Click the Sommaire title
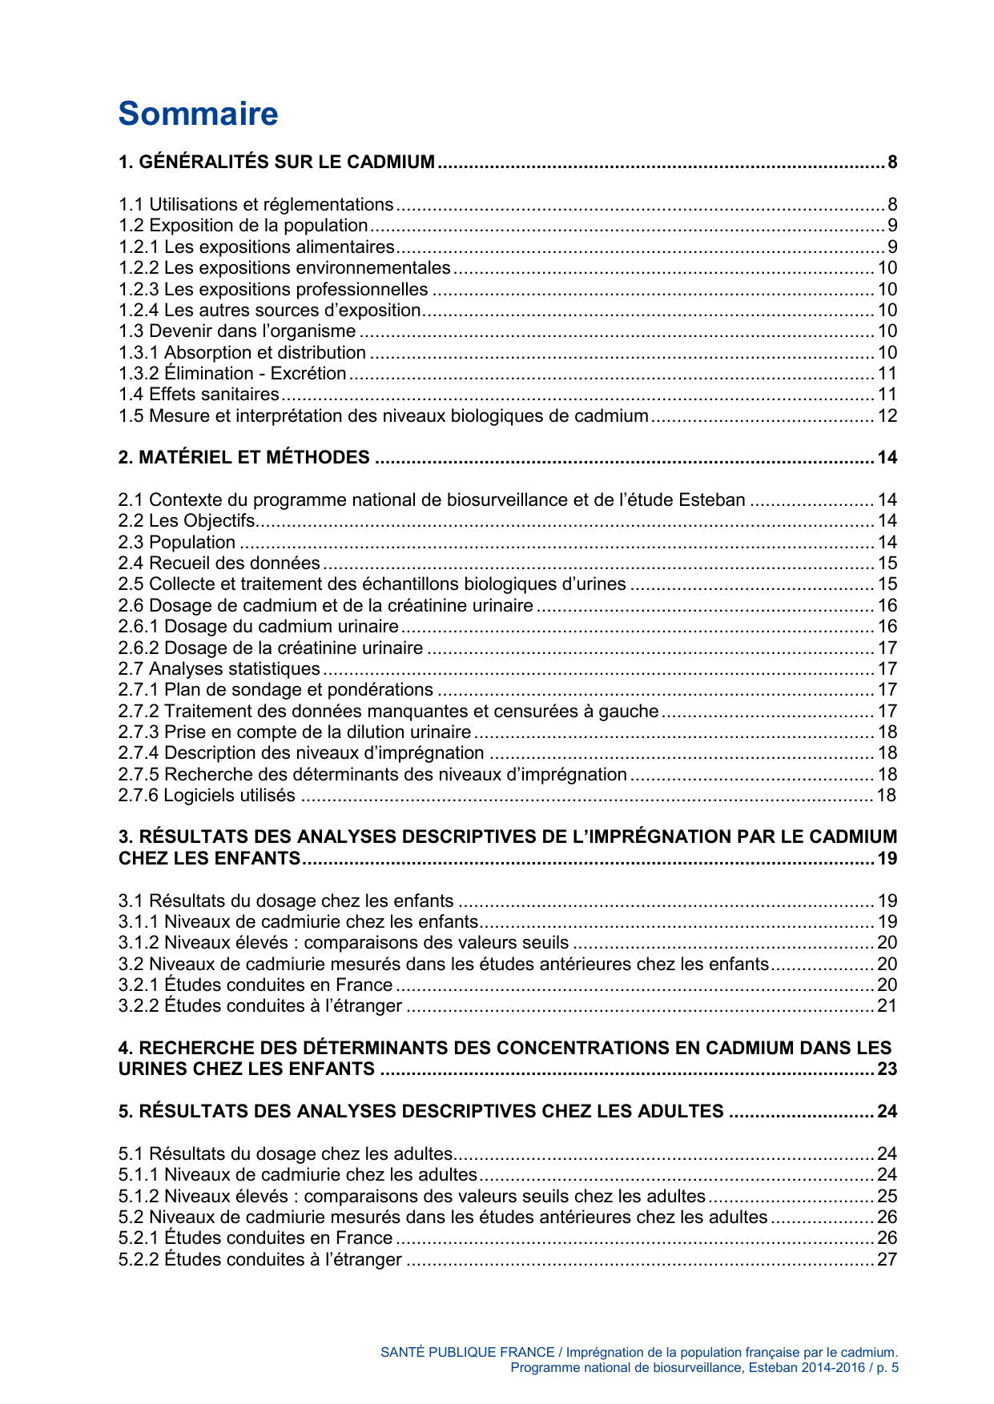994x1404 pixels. [x=198, y=114]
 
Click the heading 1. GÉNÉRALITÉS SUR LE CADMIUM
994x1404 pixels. [x=276, y=162]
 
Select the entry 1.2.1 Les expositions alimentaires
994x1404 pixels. [x=256, y=247]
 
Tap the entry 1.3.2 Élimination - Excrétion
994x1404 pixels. [x=232, y=373]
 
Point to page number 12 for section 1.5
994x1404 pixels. [x=887, y=415]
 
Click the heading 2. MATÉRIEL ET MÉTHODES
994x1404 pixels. [x=244, y=458]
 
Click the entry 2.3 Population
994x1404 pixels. [x=177, y=542]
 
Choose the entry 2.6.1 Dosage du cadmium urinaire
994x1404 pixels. [x=258, y=626]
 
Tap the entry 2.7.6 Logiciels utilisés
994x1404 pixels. [x=207, y=795]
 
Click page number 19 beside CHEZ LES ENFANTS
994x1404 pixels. [x=887, y=859]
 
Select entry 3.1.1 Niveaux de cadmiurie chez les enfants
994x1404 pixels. [x=298, y=921]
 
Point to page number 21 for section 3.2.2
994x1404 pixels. [x=887, y=1005]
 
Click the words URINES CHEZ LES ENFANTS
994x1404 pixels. [x=246, y=1069]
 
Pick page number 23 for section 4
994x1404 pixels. [x=887, y=1069]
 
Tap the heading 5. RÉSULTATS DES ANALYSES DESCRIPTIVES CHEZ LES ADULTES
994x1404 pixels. [x=421, y=1112]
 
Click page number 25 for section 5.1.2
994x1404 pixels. [x=887, y=1196]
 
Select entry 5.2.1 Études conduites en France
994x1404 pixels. [x=256, y=1238]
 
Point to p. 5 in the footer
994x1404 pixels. [x=887, y=1367]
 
